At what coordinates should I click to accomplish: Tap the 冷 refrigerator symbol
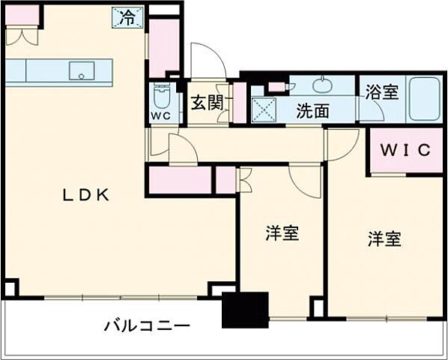click(x=128, y=16)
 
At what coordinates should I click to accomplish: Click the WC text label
click(x=160, y=116)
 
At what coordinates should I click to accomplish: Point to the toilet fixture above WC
click(x=161, y=96)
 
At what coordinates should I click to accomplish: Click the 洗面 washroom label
click(x=312, y=111)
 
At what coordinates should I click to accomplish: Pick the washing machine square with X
click(x=263, y=109)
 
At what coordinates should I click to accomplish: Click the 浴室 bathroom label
click(x=381, y=92)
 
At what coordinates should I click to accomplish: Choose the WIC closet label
click(x=405, y=150)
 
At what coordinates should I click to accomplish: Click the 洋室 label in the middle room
click(x=282, y=233)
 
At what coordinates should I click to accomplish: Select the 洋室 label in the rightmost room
click(x=384, y=239)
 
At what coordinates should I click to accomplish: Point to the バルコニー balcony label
click(x=146, y=326)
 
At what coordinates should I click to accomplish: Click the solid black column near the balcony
click(x=245, y=310)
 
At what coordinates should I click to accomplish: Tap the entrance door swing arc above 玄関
click(x=204, y=60)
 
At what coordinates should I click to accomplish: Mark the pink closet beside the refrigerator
click(x=164, y=47)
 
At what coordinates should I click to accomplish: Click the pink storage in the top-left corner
click(x=22, y=14)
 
